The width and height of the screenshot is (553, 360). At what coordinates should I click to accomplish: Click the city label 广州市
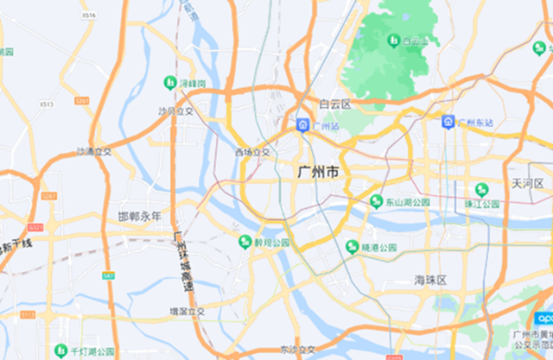click(317, 173)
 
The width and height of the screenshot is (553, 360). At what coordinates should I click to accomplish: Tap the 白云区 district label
click(334, 104)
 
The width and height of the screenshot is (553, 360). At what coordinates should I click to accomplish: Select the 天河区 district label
click(526, 184)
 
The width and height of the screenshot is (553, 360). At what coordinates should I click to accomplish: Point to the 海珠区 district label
click(429, 281)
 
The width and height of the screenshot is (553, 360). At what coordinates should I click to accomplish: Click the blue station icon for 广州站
click(302, 125)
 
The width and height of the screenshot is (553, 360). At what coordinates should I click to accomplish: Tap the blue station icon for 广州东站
click(448, 122)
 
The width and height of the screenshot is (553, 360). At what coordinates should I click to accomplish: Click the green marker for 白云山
click(394, 40)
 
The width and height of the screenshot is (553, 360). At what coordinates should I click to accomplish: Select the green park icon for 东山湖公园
click(376, 201)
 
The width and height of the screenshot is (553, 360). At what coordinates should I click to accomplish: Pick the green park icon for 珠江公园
click(481, 190)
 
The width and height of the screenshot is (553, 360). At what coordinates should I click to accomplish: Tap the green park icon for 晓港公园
click(352, 247)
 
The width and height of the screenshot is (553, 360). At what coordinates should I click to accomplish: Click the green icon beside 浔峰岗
click(169, 83)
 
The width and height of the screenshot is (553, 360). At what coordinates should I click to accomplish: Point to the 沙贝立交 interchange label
click(176, 111)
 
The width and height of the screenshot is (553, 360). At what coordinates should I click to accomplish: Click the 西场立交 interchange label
click(252, 153)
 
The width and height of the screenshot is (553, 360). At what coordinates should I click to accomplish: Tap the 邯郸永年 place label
click(139, 217)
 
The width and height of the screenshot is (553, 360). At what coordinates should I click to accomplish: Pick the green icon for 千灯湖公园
click(60, 351)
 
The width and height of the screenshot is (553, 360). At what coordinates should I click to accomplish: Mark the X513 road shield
click(47, 104)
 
